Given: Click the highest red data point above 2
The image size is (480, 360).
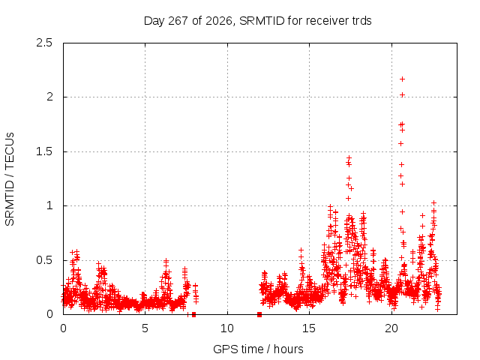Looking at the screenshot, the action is (x=402, y=79).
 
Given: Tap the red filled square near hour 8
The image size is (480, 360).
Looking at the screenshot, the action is (x=193, y=314).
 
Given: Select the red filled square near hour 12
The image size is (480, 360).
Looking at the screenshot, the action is (x=259, y=314).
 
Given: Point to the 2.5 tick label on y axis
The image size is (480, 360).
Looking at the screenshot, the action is (x=44, y=43).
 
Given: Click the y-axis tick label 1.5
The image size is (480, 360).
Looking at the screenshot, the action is (x=44, y=151).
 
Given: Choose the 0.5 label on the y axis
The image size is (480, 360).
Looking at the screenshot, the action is (x=44, y=260).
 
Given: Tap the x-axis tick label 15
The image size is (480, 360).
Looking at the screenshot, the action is (x=309, y=328).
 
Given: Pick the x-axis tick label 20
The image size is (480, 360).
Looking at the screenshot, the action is (x=391, y=328).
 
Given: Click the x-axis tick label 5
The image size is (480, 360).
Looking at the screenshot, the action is (x=145, y=328).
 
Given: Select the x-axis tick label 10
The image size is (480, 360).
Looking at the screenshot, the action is (x=227, y=328).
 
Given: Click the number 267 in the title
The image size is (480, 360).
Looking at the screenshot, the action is (x=178, y=21).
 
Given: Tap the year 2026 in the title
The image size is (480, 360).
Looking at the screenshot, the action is (x=218, y=21).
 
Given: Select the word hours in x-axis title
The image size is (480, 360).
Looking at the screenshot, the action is (x=288, y=349).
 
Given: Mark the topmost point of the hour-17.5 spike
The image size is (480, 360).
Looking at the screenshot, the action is (x=349, y=158).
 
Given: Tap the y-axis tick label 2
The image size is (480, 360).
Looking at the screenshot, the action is (x=49, y=97).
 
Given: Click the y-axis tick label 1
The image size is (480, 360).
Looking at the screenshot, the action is (x=49, y=205).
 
